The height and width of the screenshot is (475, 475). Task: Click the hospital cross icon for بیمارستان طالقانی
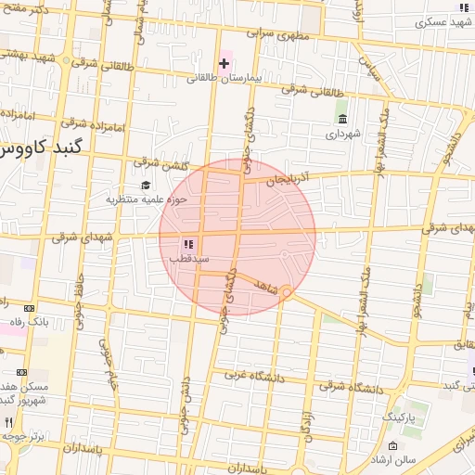[x=224, y=63]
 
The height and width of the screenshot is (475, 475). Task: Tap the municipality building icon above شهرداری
[x=343, y=120]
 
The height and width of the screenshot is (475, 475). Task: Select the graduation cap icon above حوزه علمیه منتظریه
[x=146, y=185]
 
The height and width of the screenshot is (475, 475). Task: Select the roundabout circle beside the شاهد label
[x=288, y=293]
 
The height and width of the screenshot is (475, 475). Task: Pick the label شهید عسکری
[x=444, y=19]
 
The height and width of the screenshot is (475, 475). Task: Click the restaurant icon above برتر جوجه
[x=10, y=422]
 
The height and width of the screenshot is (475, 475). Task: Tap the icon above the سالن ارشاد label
[x=392, y=447]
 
